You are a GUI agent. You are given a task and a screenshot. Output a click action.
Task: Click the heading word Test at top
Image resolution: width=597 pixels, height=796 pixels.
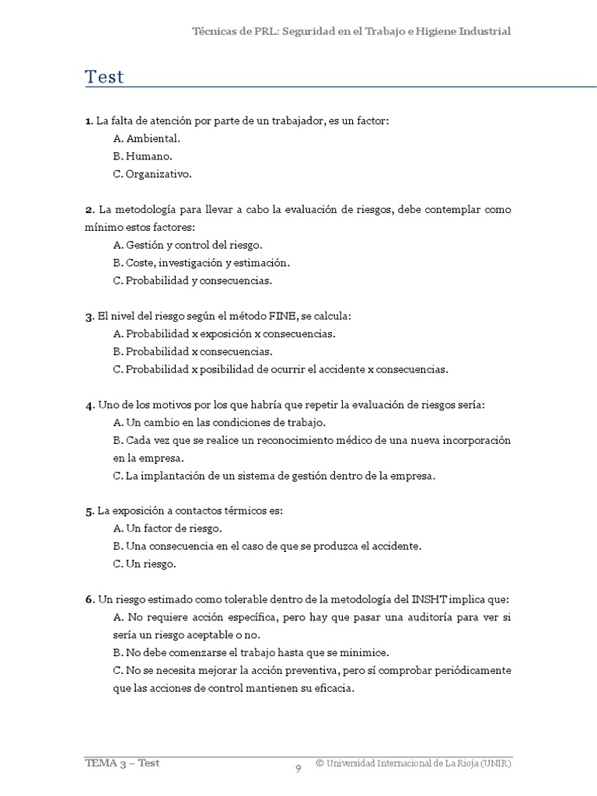105,77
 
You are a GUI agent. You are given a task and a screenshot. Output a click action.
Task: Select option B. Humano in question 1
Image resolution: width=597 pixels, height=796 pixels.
143,156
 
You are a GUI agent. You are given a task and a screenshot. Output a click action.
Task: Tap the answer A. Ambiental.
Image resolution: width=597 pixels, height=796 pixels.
147,138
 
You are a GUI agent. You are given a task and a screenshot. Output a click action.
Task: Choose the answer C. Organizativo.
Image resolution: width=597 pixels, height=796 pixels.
152,174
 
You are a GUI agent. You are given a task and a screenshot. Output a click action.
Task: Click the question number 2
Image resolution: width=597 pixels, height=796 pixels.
89,210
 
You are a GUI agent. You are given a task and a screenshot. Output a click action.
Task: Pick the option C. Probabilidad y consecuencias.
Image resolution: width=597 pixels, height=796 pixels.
192,281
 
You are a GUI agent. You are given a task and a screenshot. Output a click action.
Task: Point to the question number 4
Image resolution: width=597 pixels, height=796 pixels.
89,405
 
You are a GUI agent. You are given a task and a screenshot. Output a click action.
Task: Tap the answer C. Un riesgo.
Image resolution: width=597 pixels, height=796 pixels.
145,564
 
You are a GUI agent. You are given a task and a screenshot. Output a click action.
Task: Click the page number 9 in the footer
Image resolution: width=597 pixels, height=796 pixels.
298,770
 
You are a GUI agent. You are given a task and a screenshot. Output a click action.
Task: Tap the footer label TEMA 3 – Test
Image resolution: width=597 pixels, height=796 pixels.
123,763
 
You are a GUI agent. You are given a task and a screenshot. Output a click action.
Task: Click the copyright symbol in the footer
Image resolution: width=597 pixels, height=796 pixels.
319,763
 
